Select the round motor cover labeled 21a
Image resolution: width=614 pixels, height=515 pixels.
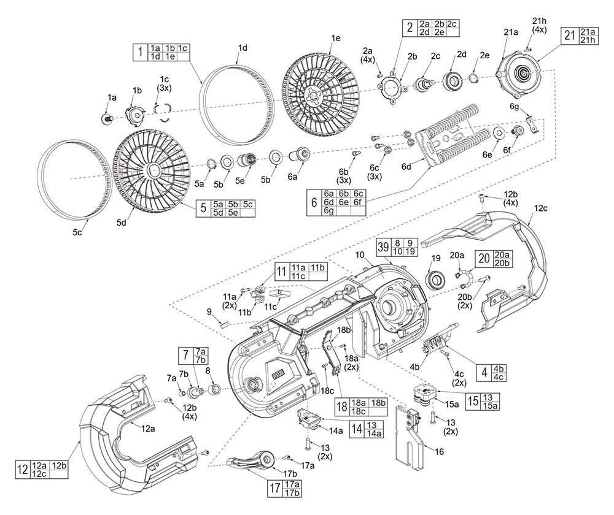pos(521,74)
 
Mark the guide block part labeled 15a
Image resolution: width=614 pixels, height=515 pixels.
pos(423,395)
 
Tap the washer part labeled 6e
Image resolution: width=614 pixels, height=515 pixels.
pos(499,134)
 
